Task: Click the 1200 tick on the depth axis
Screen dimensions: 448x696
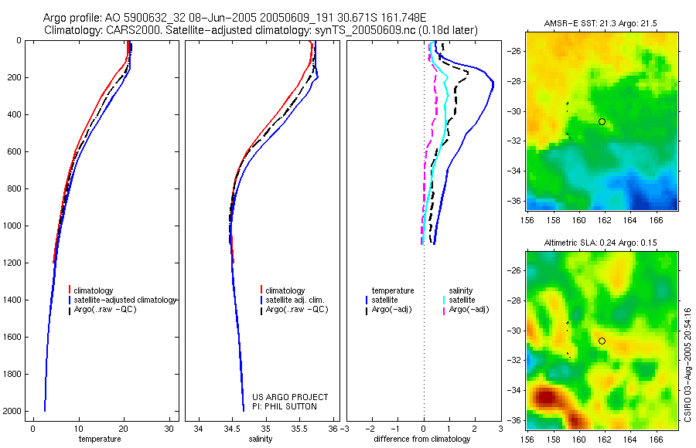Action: (12, 263)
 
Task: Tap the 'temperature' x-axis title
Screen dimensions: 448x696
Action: (101, 439)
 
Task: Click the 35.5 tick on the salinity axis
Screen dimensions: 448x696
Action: (300, 429)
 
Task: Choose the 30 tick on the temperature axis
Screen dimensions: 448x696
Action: (169, 429)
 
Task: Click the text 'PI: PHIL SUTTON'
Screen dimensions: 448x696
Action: (285, 406)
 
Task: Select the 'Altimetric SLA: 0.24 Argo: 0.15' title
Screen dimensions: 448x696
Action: (602, 244)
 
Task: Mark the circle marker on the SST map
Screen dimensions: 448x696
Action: (602, 121)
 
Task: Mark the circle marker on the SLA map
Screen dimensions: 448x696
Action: (602, 341)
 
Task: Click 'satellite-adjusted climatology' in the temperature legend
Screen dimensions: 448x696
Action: (127, 300)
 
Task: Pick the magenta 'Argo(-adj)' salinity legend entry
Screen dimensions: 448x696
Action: (468, 310)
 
